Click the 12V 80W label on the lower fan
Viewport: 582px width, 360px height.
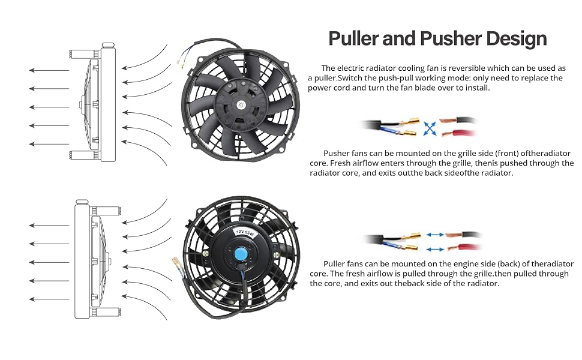(x=245, y=233)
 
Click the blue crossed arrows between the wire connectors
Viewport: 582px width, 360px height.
(x=430, y=129)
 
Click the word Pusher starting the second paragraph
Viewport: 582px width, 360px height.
(x=336, y=153)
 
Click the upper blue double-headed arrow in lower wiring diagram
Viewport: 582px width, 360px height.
(x=435, y=235)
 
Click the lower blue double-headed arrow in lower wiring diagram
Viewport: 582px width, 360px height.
(x=435, y=250)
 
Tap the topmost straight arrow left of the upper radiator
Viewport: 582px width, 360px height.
(x=49, y=70)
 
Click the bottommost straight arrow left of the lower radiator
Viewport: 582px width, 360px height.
(x=49, y=299)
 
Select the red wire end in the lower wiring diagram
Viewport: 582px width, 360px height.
(x=464, y=247)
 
